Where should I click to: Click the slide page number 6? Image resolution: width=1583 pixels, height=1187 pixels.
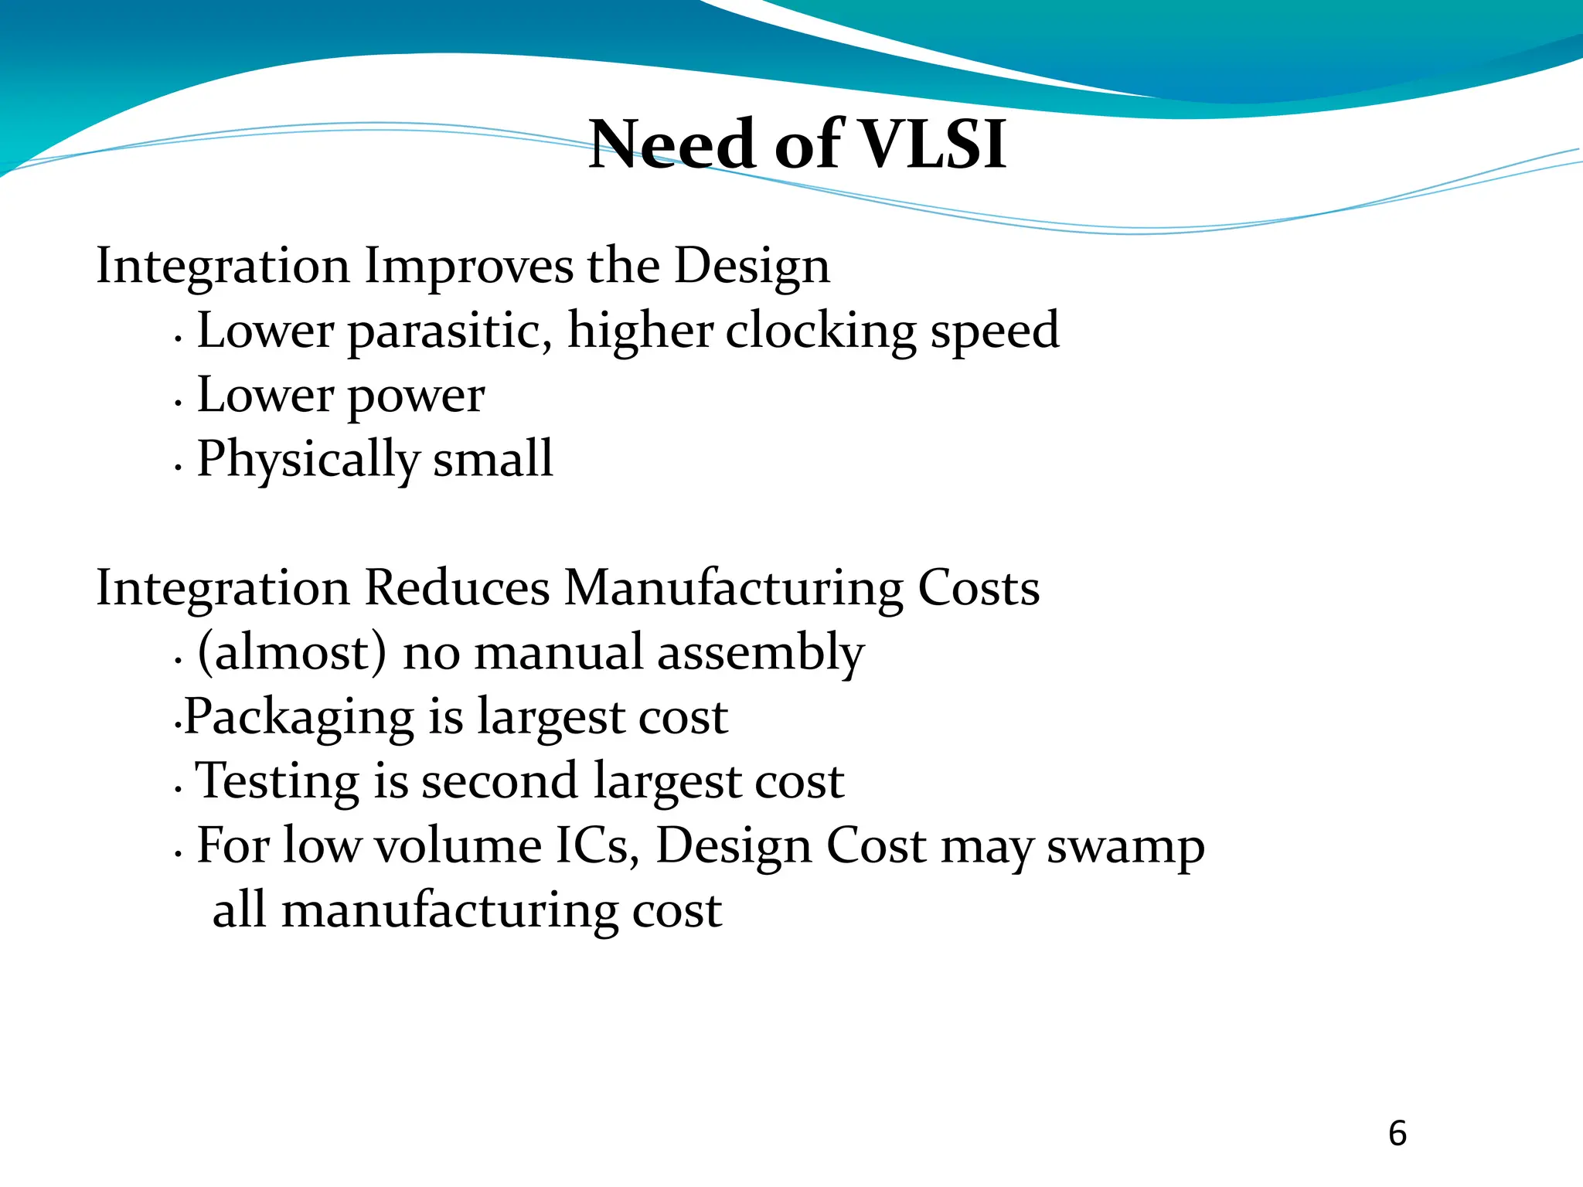point(1397,1134)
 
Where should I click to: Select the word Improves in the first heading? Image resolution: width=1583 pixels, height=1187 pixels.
point(468,266)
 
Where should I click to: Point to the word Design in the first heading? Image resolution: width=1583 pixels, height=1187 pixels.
point(751,267)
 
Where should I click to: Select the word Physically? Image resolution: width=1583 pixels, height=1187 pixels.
point(308,461)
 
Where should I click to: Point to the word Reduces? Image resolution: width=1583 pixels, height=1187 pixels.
point(457,588)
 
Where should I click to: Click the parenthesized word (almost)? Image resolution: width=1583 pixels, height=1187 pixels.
point(292,653)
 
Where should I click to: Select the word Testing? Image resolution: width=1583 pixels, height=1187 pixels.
point(277,782)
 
